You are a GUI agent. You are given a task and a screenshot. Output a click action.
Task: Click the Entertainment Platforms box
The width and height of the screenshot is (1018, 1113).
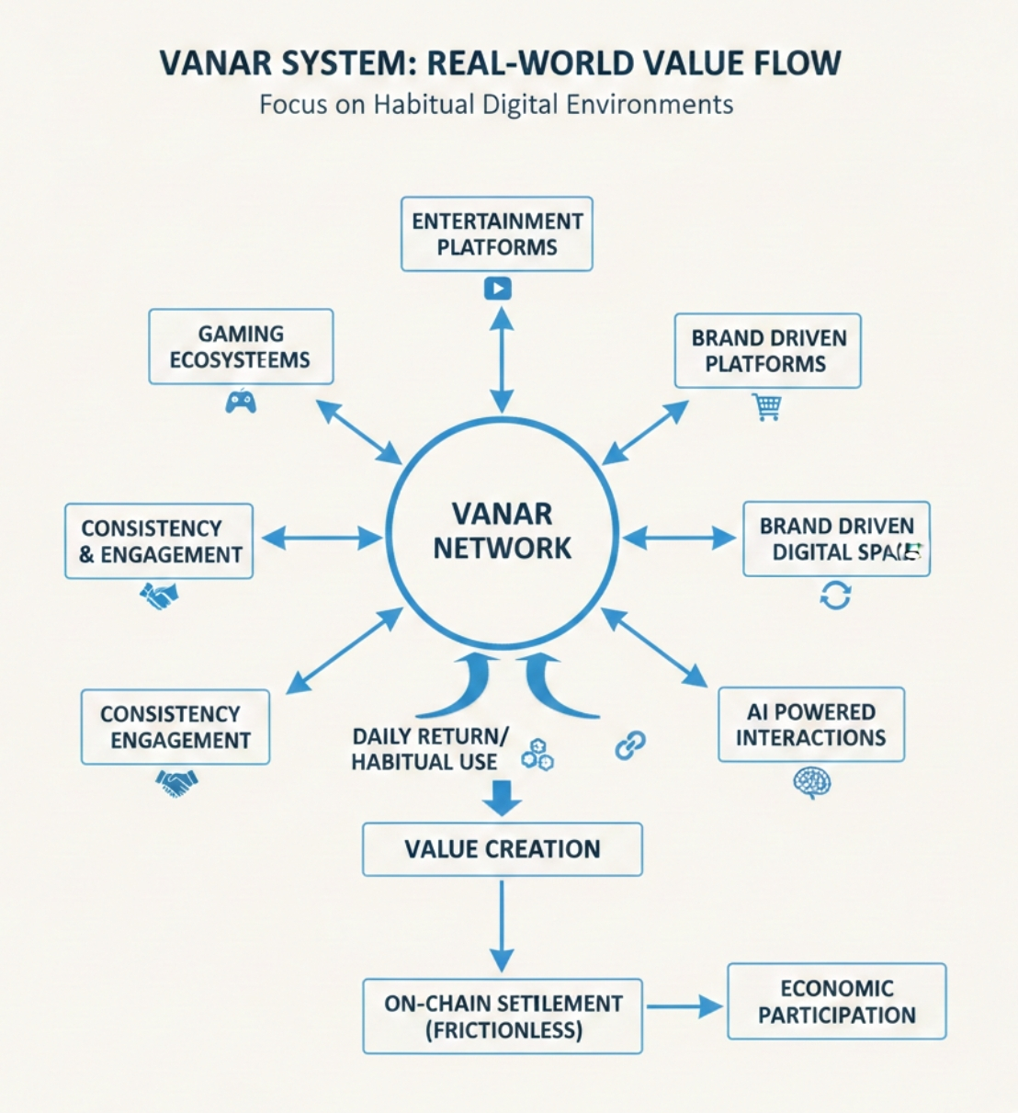pyautogui.click(x=496, y=234)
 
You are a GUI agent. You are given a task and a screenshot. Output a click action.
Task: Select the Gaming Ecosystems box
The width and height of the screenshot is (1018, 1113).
pyautogui.click(x=241, y=346)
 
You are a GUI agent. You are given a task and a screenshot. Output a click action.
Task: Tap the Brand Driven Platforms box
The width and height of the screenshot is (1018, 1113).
pyautogui.click(x=767, y=351)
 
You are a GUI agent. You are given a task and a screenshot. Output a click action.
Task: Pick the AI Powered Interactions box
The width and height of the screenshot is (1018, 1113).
pyautogui.click(x=810, y=724)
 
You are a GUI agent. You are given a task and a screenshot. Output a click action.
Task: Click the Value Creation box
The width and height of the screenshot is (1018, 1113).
pyautogui.click(x=502, y=849)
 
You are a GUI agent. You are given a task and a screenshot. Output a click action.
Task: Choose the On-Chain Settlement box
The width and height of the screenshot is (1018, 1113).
pyautogui.click(x=502, y=1016)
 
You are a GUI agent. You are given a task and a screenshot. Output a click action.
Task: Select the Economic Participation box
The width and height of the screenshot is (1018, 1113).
pyautogui.click(x=836, y=1002)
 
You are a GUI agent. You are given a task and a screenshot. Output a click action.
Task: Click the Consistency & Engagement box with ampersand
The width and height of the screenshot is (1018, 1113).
pyautogui.click(x=159, y=541)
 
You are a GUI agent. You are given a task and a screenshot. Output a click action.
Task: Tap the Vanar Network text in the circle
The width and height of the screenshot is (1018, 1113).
pyautogui.click(x=502, y=531)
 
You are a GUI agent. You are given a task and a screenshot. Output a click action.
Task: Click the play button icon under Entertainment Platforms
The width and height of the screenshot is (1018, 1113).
pyautogui.click(x=497, y=289)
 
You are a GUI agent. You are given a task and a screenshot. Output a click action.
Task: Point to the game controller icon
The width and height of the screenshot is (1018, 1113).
pyautogui.click(x=241, y=401)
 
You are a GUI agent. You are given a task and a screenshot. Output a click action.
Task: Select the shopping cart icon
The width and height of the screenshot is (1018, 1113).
pyautogui.click(x=767, y=405)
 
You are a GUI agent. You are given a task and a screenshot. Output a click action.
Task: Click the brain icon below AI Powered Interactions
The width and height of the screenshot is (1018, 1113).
pyautogui.click(x=811, y=782)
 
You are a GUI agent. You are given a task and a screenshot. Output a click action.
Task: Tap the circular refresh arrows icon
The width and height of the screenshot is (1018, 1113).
pyautogui.click(x=835, y=595)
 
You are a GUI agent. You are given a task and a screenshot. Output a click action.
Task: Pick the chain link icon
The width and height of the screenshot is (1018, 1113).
pyautogui.click(x=630, y=744)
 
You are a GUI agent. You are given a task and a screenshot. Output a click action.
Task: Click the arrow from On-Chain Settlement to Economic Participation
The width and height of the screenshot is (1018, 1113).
pyautogui.click(x=684, y=1007)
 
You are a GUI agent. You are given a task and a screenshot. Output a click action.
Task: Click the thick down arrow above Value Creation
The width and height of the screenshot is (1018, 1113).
pyautogui.click(x=502, y=797)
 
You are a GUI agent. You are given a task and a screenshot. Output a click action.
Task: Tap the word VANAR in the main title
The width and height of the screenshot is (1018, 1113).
pyautogui.click(x=216, y=63)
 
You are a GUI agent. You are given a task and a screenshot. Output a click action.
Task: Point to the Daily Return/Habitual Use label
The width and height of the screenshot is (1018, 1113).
pyautogui.click(x=428, y=749)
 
